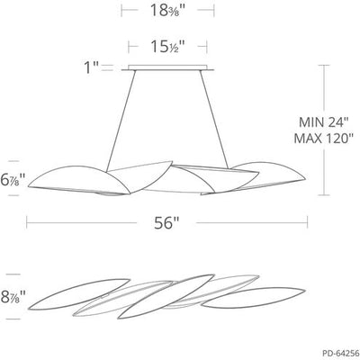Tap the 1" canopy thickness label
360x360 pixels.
91,66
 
